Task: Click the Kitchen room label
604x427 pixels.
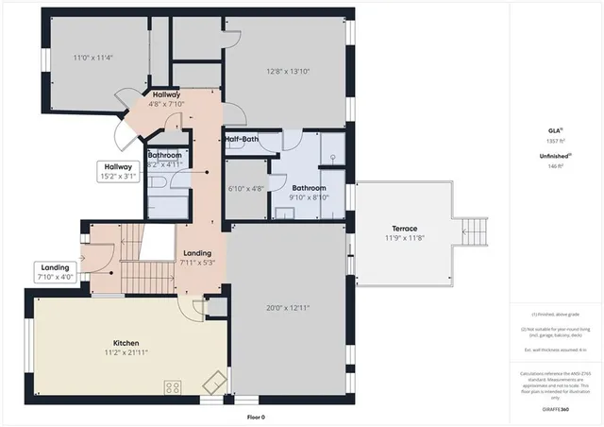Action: [x=126, y=342]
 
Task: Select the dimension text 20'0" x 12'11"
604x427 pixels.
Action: [x=289, y=307]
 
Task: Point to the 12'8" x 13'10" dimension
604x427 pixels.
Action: [x=288, y=70]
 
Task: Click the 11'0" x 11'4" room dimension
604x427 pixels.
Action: [x=92, y=58]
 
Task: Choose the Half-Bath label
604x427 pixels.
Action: [x=242, y=140]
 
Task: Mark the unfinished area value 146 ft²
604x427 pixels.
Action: [x=555, y=166]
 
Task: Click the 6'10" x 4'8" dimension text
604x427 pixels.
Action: [x=246, y=188]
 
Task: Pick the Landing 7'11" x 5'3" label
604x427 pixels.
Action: [x=197, y=257]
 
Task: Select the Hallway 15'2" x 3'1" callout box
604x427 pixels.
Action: [x=119, y=171]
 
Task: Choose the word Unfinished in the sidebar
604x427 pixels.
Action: [x=553, y=157]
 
